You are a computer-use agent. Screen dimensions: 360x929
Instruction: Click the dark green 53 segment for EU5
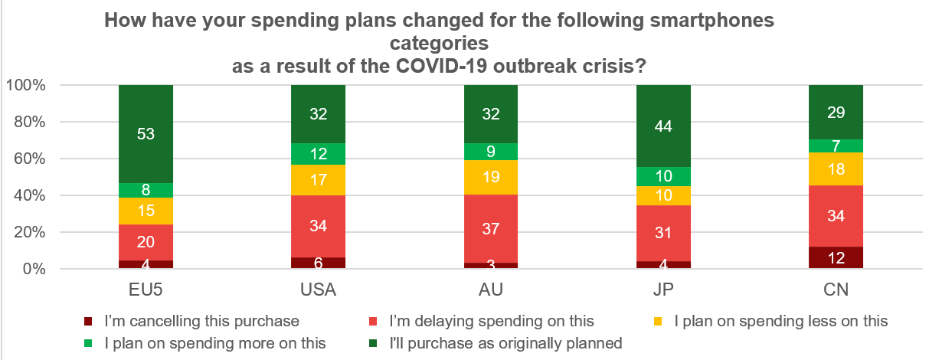coord(146,134)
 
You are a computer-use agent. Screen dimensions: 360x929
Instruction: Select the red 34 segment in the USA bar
coord(319,226)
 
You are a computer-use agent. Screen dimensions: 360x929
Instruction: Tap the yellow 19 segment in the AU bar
coord(491,177)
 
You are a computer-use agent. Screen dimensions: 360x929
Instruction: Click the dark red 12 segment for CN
coord(836,258)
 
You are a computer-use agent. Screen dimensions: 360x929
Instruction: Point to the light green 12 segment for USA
coord(319,154)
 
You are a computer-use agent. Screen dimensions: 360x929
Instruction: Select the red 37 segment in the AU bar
coord(491,228)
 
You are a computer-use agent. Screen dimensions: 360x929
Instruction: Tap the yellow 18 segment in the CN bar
coord(836,169)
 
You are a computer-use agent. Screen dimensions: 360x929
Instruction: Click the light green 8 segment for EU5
coord(146,190)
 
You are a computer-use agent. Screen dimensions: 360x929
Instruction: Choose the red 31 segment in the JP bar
coord(663,233)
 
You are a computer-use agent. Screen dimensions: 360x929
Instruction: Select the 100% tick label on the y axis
coord(27,85)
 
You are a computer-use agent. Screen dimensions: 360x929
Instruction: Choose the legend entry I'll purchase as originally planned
coord(505,343)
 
